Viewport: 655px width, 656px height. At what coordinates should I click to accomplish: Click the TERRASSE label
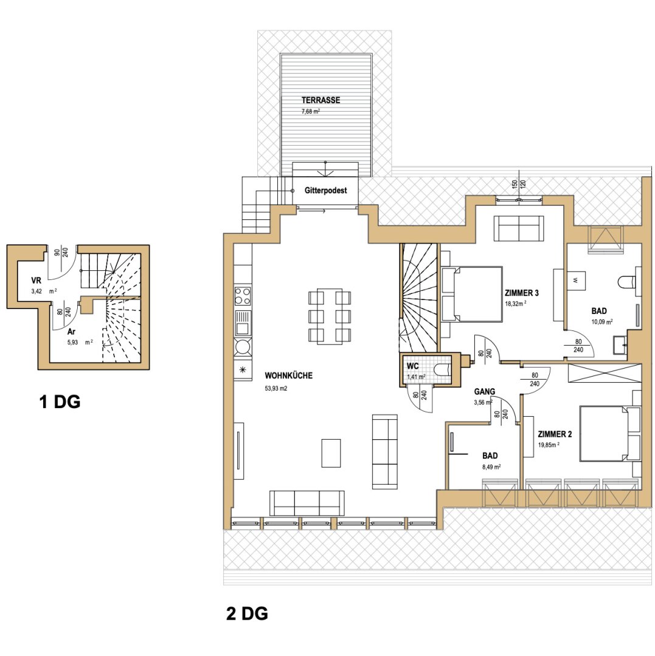[321, 100]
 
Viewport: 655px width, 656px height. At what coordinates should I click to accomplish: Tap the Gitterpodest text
[326, 190]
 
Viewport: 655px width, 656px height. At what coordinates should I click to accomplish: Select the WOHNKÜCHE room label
[288, 376]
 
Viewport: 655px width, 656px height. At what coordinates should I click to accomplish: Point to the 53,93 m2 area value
[276, 389]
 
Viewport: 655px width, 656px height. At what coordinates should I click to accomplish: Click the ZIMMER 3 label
[521, 293]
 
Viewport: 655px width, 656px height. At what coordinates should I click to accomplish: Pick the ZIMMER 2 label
[555, 434]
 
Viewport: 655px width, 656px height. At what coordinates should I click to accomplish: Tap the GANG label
[485, 392]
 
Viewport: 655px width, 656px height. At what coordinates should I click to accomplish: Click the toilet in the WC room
[442, 369]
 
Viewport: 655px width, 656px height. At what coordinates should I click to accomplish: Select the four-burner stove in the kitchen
[243, 295]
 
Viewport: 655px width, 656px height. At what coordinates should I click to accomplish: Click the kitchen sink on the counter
[243, 323]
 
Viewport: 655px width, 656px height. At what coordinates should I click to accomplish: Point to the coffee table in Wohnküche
[331, 453]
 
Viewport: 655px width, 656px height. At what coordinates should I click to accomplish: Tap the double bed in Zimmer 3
[472, 294]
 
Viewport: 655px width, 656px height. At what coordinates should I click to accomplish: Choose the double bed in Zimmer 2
[610, 434]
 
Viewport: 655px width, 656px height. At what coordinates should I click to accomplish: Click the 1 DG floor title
[60, 402]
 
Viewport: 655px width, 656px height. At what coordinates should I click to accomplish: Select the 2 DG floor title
[247, 613]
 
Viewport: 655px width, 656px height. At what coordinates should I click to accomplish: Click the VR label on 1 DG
[36, 281]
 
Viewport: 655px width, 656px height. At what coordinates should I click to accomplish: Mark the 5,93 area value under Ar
[72, 342]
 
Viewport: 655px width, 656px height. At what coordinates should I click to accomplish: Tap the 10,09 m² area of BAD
[602, 322]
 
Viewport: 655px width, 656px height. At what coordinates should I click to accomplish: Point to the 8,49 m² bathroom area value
[490, 467]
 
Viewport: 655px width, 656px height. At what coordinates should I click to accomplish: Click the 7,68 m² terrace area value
[311, 112]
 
